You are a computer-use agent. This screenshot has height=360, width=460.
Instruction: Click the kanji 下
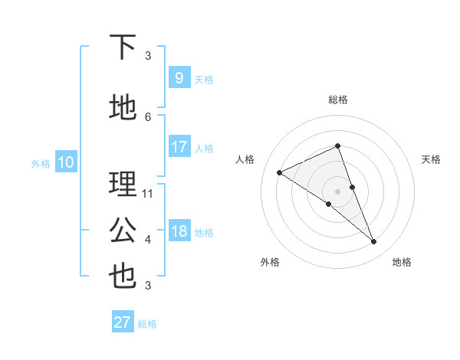pos(123,47)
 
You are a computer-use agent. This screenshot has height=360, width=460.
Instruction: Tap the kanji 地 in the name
pos(123,108)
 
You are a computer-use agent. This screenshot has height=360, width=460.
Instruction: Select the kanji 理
pos(123,185)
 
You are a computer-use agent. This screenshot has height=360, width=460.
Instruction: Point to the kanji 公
pos(123,231)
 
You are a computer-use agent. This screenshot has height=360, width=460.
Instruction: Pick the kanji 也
pos(123,277)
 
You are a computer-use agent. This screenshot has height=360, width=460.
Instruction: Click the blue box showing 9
pos(179,77)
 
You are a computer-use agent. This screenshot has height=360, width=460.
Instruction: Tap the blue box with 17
pos(179,147)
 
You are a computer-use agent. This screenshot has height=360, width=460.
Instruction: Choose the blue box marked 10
pos(65,162)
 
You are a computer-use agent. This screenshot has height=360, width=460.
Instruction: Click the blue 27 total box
pos(123,322)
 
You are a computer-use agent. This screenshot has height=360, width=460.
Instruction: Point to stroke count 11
pos(148,193)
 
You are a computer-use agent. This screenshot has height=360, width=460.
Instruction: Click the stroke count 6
pos(148,116)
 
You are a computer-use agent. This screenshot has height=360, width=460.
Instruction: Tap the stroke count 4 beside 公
pos(148,239)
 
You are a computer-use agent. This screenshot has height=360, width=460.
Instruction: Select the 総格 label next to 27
pos(147,324)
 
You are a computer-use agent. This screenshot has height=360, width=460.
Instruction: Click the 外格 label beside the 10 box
pos(41,163)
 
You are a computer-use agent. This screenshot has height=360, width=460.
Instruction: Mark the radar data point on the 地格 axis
pos(374,242)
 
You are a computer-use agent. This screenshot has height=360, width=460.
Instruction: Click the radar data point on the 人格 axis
pos(279,172)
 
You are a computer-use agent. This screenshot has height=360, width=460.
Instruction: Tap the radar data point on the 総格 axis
pos(337,146)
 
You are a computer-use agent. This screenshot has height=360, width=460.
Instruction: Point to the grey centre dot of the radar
pos(337,190)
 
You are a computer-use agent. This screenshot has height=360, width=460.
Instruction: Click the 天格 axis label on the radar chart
pos(432,159)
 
